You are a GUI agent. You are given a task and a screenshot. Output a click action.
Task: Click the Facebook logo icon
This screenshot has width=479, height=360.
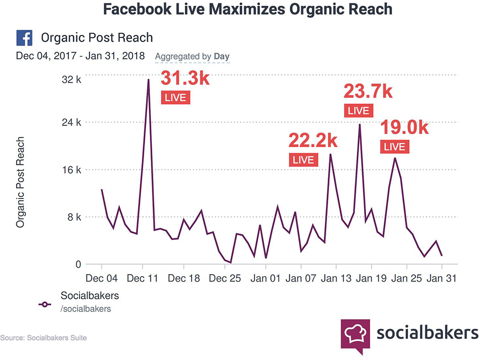tap(24, 37)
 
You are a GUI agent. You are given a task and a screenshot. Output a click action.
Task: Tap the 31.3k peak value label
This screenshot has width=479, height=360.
tap(184, 78)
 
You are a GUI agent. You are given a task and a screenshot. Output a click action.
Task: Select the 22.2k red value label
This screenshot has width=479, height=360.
tap(313, 140)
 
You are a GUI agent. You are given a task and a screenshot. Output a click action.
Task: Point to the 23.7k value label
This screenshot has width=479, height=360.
tap(368, 91)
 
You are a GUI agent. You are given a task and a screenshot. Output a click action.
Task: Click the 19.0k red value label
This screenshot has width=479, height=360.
tap(404, 128)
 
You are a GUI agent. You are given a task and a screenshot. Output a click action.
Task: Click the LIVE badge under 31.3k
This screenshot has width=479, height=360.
tap(175, 97)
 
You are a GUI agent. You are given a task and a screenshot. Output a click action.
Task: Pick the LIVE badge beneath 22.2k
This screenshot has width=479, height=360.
tap(303, 160)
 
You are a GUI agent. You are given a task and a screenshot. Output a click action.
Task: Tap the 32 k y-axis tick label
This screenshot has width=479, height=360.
tap(72, 80)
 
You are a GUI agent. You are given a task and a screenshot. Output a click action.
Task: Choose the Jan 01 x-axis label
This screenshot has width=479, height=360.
tap(265, 278)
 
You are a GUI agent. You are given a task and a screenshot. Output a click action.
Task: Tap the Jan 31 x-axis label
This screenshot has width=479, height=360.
tap(442, 278)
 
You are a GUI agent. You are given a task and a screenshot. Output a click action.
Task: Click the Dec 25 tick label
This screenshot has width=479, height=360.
tap(225, 278)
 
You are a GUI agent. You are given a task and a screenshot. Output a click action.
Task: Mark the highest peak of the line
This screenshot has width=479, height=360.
tap(148, 80)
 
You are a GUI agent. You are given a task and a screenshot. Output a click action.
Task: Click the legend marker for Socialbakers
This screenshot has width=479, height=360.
tap(46, 304)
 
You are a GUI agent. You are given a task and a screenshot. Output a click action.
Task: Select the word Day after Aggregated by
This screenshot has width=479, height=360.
tap(221, 57)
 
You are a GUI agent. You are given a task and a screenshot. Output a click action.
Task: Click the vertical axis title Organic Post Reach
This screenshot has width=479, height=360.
tap(20, 183)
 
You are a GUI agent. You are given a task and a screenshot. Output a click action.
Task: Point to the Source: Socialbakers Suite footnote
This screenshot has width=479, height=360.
tap(44, 338)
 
